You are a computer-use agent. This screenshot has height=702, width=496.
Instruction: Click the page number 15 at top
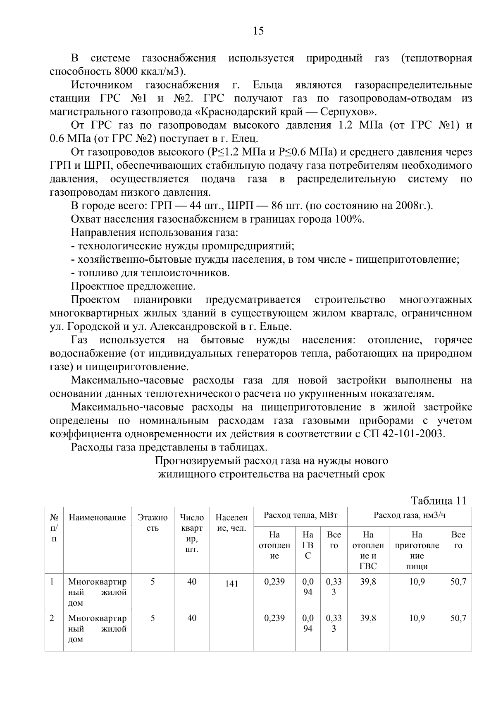pos(258,31)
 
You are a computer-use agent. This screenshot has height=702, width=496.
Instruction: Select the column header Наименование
pos(97,517)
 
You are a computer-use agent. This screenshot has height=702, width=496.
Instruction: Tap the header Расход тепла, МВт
pos(300,515)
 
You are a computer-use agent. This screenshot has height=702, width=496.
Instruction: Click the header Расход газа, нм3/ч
pos(409,515)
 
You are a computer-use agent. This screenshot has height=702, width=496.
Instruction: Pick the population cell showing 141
pos(231,583)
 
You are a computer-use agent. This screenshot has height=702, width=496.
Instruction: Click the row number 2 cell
pos(52,618)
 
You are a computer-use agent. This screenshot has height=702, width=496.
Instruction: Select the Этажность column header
pos(153,523)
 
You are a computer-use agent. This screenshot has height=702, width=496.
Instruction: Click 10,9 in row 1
pos(417,582)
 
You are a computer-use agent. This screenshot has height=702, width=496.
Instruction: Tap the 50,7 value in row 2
pos(458,618)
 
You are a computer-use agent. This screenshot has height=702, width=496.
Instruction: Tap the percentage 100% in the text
pos(350,219)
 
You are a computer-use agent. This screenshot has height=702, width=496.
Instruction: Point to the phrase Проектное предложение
pos(133,286)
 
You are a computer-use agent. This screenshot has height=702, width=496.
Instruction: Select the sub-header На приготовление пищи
pos(417,551)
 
